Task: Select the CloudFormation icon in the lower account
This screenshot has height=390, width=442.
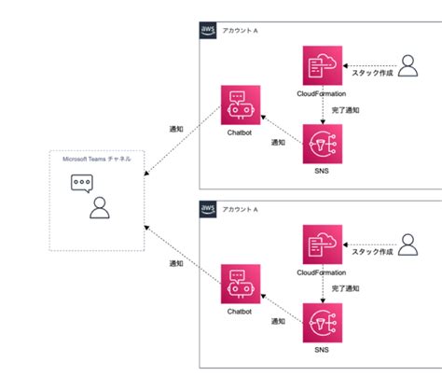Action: pyautogui.click(x=321, y=244)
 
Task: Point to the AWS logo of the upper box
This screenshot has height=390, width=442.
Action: pyautogui.click(x=209, y=30)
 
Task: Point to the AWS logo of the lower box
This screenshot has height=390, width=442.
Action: pyautogui.click(x=209, y=208)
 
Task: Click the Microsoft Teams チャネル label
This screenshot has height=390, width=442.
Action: pyautogui.click(x=96, y=160)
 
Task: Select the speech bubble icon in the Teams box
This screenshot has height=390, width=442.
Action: pyautogui.click(x=85, y=184)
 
